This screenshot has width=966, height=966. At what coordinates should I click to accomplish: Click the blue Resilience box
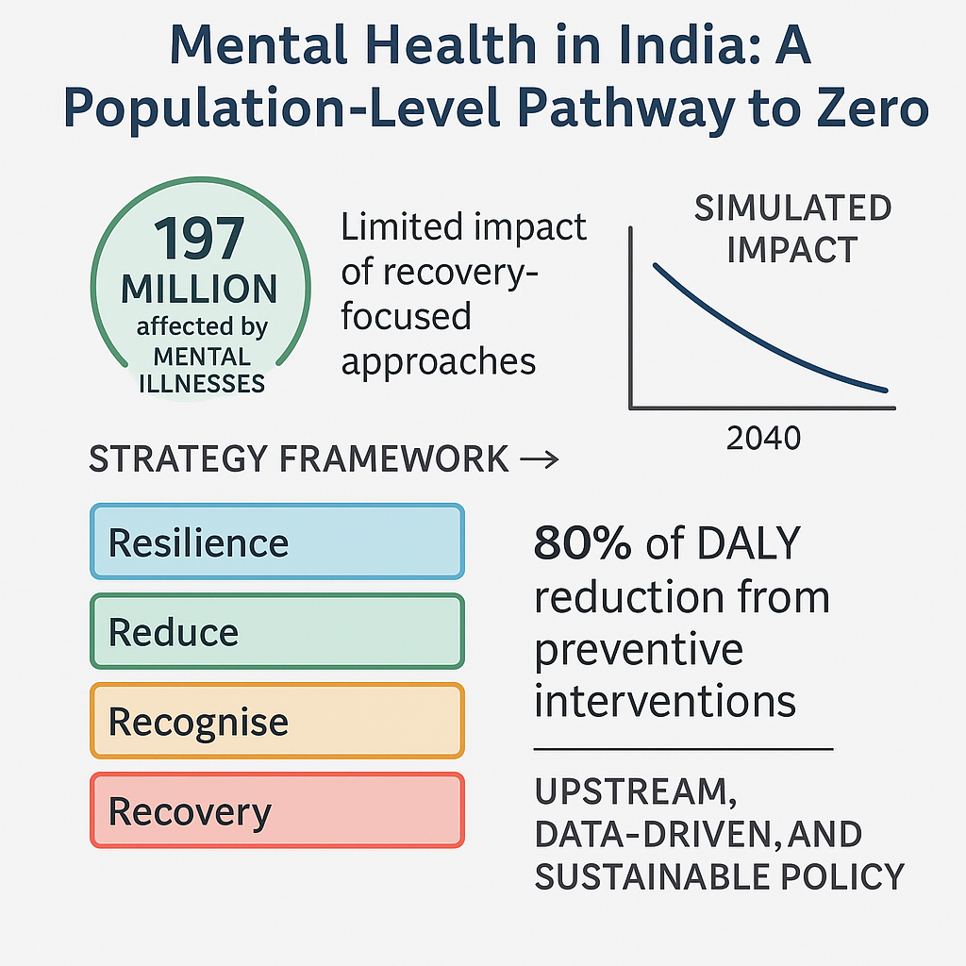pyautogui.click(x=276, y=541)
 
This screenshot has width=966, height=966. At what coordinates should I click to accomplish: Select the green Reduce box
pyautogui.click(x=276, y=631)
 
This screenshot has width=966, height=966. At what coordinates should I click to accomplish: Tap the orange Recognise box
pyautogui.click(x=276, y=721)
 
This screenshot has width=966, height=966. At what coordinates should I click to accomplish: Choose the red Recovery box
pyautogui.click(x=276, y=810)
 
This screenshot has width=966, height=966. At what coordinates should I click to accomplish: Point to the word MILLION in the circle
pyautogui.click(x=199, y=289)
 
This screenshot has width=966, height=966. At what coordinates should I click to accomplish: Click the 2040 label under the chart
pyautogui.click(x=763, y=438)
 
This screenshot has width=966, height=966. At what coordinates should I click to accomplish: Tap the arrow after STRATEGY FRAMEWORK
pyautogui.click(x=540, y=459)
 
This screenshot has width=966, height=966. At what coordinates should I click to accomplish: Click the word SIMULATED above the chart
pyautogui.click(x=792, y=208)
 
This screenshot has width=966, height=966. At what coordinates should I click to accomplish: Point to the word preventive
pyautogui.click(x=639, y=649)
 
